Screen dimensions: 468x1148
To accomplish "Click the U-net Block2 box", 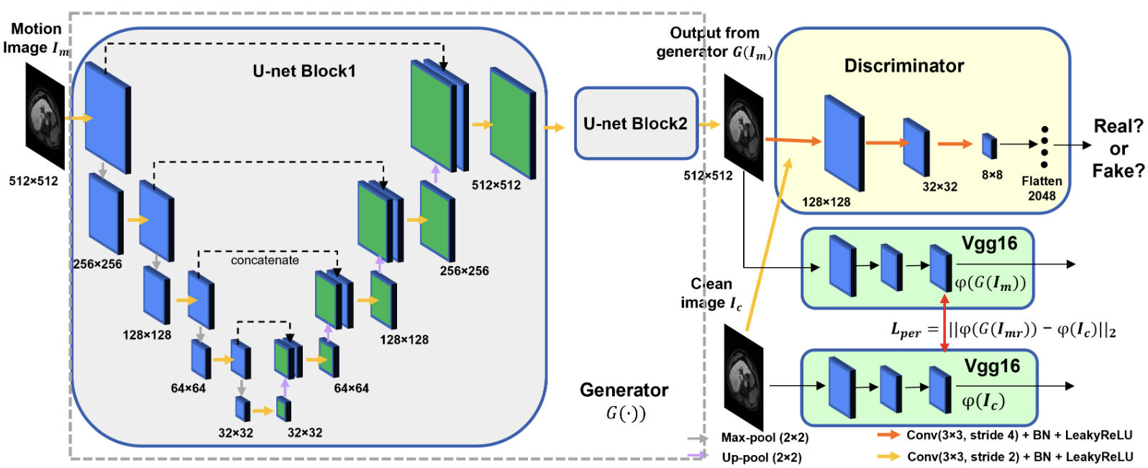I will click(x=636, y=124).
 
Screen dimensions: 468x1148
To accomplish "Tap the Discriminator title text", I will click(x=903, y=66).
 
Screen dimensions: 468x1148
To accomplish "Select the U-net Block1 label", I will click(x=304, y=71).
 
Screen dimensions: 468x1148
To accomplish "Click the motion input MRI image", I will click(x=45, y=115).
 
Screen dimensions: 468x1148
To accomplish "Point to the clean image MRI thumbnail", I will click(x=743, y=377).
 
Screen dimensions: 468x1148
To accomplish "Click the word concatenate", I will click(x=265, y=261).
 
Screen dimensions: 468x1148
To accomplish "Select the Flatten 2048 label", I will click(x=1042, y=189).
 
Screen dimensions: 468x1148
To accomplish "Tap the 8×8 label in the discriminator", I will click(x=992, y=175).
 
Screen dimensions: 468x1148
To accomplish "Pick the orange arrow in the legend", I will click(x=889, y=436).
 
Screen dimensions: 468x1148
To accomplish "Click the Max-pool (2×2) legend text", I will click(x=765, y=438).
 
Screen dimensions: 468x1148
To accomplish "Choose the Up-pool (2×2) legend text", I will click(x=762, y=457).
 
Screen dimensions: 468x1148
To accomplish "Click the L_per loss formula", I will click(x=1003, y=330).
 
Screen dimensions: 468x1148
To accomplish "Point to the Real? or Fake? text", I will click(x=1118, y=149).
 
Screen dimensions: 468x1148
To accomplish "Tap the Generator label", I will click(x=624, y=390).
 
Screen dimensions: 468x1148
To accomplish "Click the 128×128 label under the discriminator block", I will click(x=826, y=202).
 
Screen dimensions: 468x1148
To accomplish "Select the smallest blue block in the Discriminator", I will click(x=990, y=145).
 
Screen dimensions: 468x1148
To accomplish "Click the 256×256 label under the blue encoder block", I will click(x=97, y=264).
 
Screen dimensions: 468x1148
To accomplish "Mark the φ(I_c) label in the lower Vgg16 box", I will click(x=983, y=402).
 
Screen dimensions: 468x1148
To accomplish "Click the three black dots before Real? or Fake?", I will click(x=1044, y=143).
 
